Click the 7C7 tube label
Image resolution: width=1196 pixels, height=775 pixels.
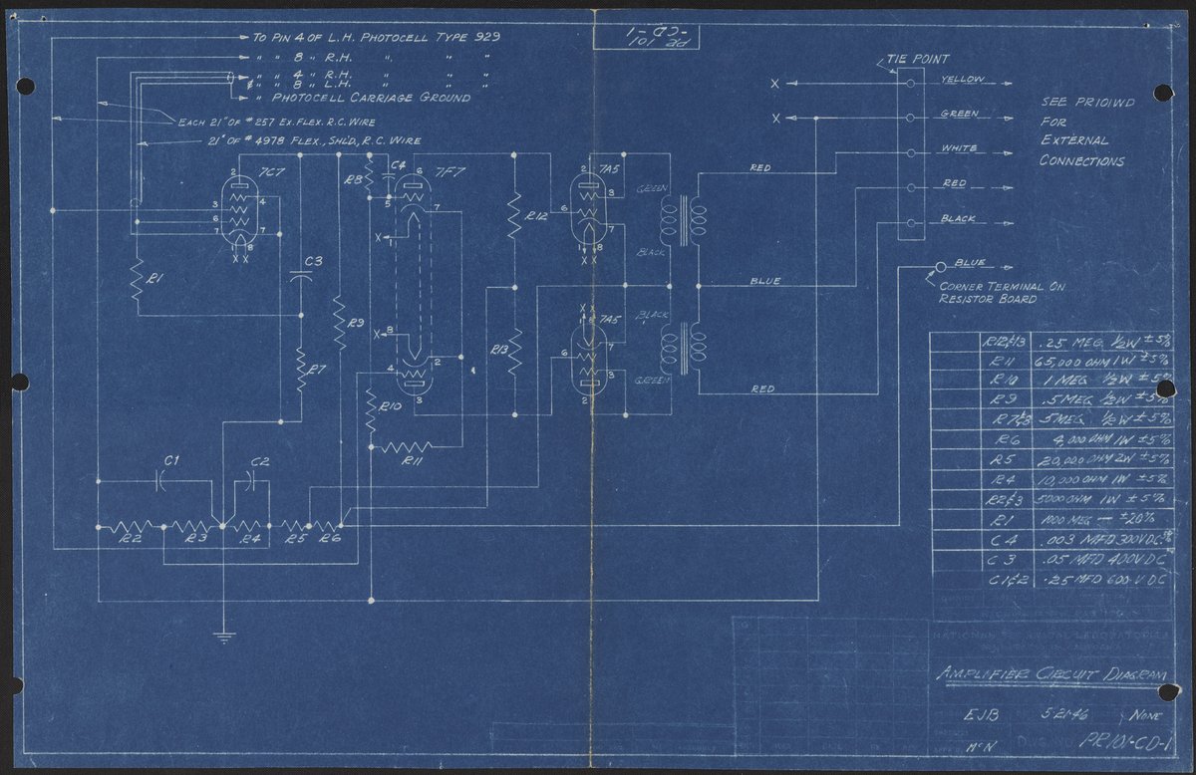[x=266, y=171]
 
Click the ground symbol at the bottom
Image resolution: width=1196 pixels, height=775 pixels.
[x=223, y=635]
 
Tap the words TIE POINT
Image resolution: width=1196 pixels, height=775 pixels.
[x=917, y=60]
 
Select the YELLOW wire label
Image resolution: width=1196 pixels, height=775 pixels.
[x=963, y=80]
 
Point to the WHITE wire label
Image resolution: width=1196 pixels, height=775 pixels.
[x=960, y=149]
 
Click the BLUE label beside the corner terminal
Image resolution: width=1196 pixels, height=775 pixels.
[x=968, y=264]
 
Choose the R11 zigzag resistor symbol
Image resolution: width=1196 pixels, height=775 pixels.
[x=406, y=444]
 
